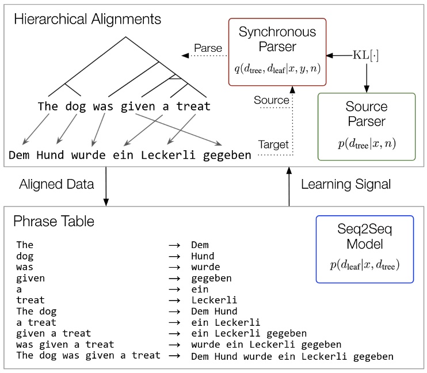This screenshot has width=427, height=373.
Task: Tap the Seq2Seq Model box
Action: click(364, 248)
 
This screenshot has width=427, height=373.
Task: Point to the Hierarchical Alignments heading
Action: click(87, 18)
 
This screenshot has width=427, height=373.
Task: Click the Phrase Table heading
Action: click(54, 221)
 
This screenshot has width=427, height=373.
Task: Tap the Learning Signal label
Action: click(345, 184)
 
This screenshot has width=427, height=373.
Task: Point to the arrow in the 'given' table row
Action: click(174, 279)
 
